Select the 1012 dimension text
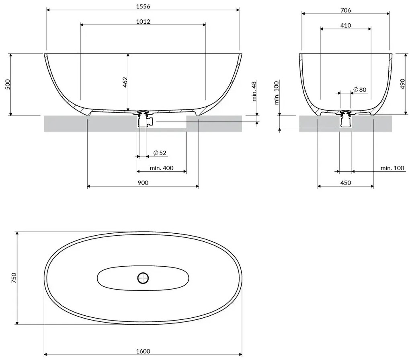click(143, 21)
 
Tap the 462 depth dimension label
click(125, 82)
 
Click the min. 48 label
click(254, 92)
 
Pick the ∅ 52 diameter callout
click(160, 153)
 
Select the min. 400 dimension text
click(162, 168)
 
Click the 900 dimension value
click(143, 183)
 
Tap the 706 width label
click(345, 10)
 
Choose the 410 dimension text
click(345, 25)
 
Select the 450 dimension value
click(345, 183)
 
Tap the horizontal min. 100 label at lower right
click(392, 168)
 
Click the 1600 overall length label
click(143, 351)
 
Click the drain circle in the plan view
click(143, 277)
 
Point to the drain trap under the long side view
click(143, 119)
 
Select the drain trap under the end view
click(345, 120)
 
